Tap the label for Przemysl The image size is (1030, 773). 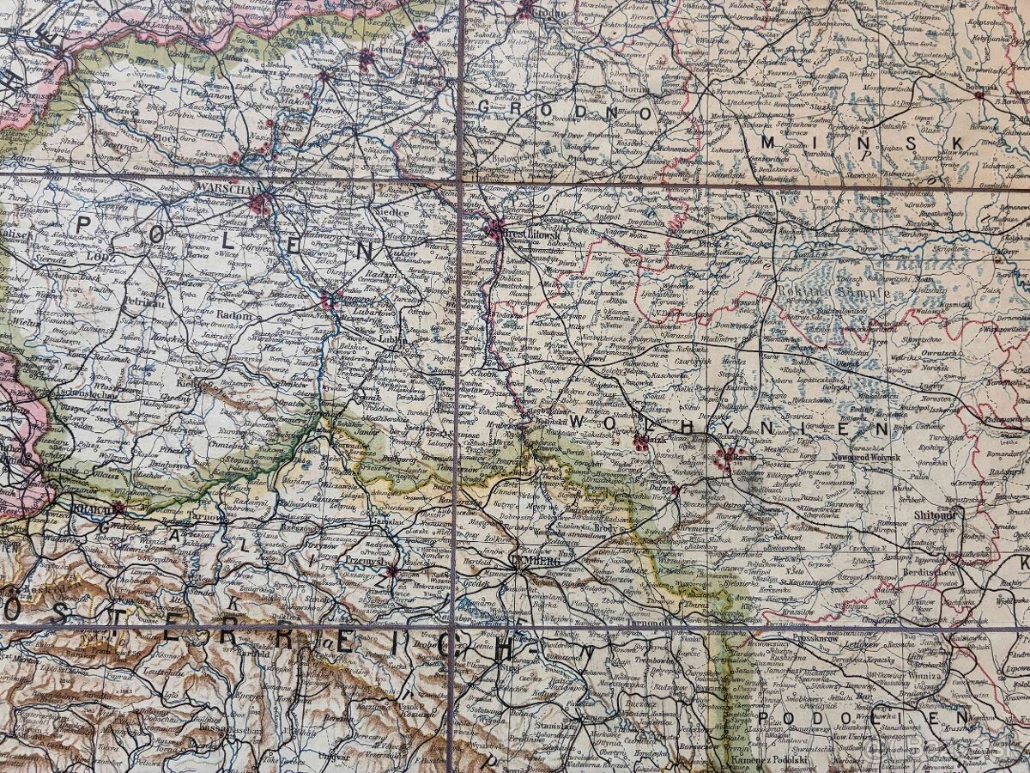pos(363,560)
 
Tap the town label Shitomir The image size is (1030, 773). pos(935,514)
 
